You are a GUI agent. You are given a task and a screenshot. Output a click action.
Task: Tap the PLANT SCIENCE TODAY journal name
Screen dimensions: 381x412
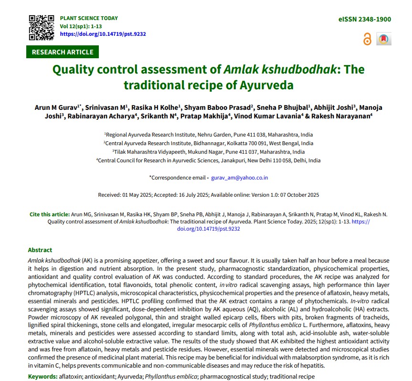pyautogui.click(x=88, y=18)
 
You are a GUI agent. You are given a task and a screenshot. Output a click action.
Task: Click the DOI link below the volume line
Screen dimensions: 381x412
pyautogui.click(x=103, y=34)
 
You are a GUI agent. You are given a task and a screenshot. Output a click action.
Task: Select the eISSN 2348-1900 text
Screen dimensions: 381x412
pyautogui.click(x=364, y=20)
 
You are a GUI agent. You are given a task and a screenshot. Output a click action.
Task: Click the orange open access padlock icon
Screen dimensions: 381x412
pyautogui.click(x=367, y=39)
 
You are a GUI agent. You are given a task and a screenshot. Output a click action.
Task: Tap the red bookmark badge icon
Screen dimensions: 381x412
pyautogui.click(x=383, y=39)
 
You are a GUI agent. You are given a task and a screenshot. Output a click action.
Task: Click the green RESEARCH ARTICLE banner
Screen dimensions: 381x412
pyautogui.click(x=63, y=52)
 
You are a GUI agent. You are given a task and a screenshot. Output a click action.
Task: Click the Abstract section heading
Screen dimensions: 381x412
pyautogui.click(x=40, y=250)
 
